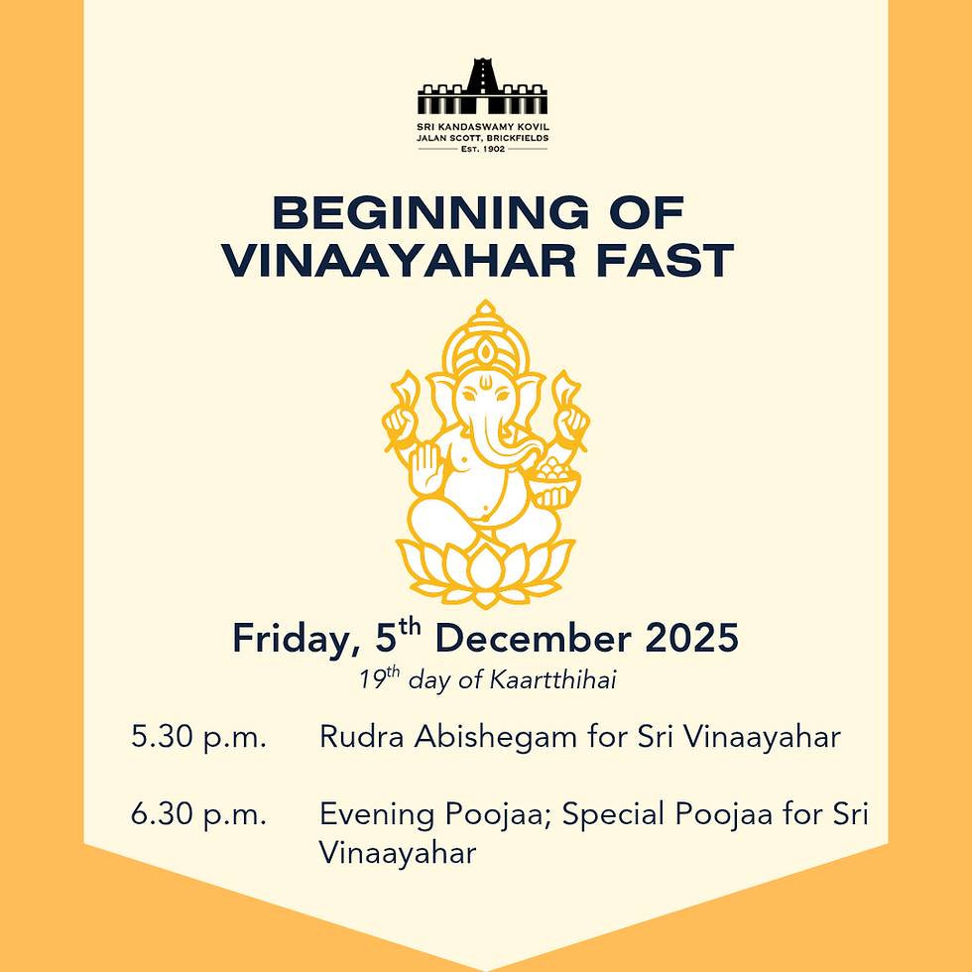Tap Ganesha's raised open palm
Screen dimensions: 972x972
[x=425, y=464]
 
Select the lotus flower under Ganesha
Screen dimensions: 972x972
[x=485, y=570]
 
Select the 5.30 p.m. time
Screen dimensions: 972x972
[x=198, y=738]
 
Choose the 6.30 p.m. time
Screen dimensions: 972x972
[x=198, y=815]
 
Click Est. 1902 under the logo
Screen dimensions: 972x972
[x=482, y=148]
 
